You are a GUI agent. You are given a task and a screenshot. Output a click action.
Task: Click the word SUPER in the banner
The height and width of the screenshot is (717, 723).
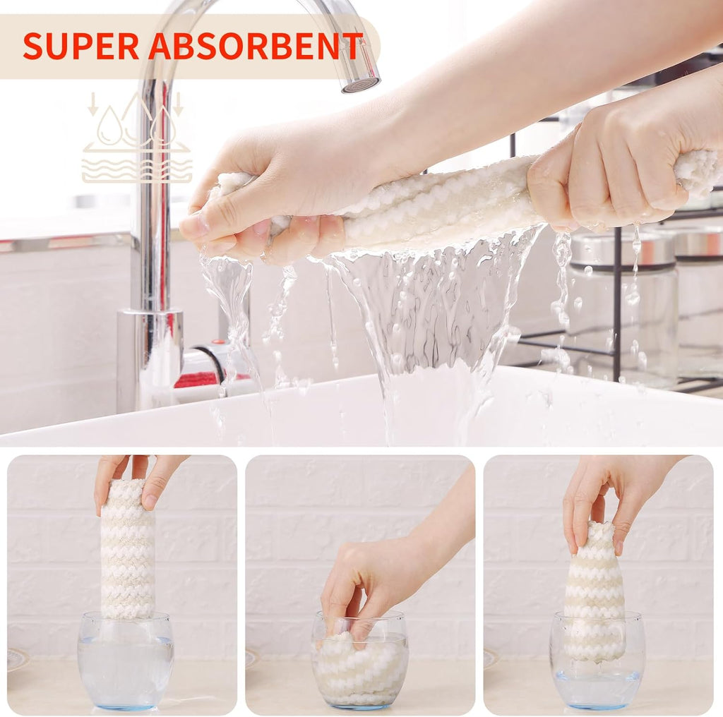click(81, 46)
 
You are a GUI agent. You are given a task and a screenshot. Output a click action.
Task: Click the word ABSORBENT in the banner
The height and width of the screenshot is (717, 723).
click(256, 46)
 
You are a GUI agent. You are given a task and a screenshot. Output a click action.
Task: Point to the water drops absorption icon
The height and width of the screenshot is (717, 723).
click(136, 137)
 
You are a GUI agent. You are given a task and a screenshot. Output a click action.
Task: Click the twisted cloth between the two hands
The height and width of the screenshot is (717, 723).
click(438, 203)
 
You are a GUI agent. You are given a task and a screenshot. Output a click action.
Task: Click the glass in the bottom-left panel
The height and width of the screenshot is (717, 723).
click(126, 660)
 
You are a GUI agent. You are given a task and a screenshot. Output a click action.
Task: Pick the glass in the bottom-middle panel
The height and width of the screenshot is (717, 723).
click(359, 660)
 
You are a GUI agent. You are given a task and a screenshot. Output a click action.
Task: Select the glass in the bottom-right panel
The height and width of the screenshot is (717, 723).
click(597, 660)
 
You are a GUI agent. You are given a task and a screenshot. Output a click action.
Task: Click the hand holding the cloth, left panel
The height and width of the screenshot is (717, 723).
click(133, 479)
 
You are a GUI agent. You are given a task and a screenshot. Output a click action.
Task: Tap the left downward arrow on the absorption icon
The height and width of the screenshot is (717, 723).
click(92, 104)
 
